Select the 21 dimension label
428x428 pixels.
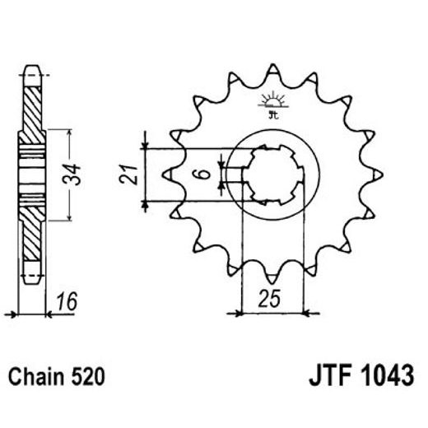[127, 174]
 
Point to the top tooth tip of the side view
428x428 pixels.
[32, 66]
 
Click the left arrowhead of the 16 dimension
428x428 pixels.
[10, 313]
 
